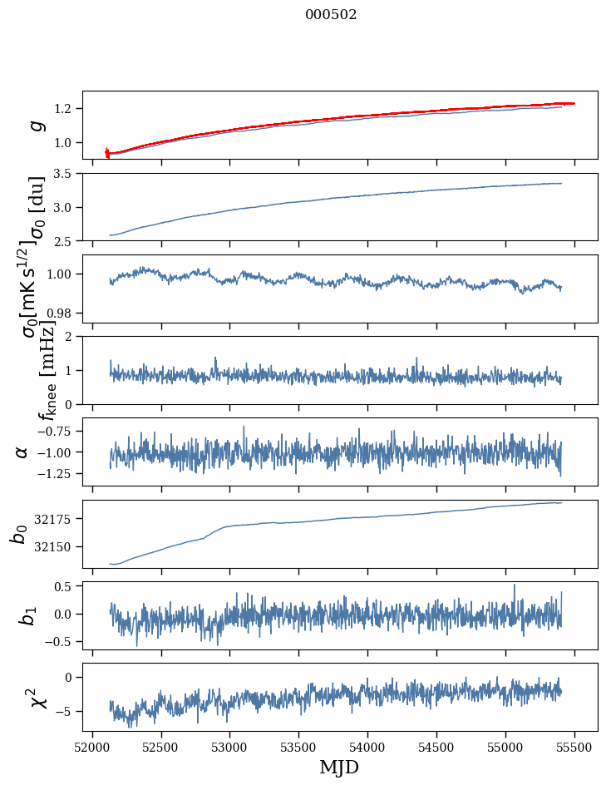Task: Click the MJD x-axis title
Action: coord(339,767)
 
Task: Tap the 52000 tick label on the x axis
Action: coord(92,745)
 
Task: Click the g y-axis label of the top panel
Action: coord(36,125)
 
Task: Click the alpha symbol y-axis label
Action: coord(22,452)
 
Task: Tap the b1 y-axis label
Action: coord(28,615)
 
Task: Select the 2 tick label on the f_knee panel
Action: coord(71,337)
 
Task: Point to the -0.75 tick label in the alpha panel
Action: coord(54,431)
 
